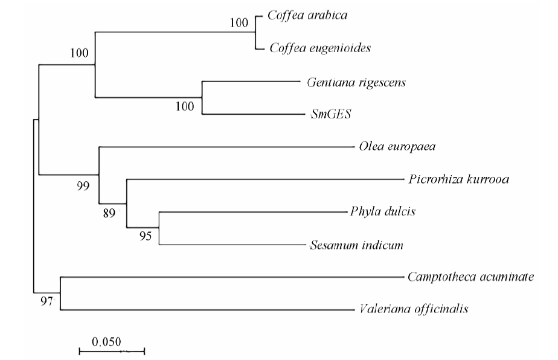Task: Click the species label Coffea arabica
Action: [x=307, y=15]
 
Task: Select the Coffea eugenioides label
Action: [x=320, y=48]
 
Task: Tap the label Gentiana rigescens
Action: [x=356, y=83]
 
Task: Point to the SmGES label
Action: [x=331, y=114]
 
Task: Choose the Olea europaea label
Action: [x=397, y=146]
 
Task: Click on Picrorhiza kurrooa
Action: [x=459, y=179]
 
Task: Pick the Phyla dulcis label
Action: [x=383, y=211]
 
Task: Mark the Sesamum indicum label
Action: [x=356, y=245]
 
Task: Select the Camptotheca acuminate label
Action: [x=471, y=277]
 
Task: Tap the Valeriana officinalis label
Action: [x=414, y=309]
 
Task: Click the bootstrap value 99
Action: [x=83, y=186]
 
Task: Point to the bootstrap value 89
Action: [x=109, y=213]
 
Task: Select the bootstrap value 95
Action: [x=146, y=236]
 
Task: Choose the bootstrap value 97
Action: [x=46, y=301]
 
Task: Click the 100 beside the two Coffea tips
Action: [x=239, y=23]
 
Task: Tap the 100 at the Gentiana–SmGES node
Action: [x=185, y=106]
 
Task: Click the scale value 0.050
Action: [x=106, y=342]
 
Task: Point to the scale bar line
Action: [x=112, y=352]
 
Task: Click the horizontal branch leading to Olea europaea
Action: [x=226, y=147]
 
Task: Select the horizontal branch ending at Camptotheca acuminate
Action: [x=232, y=277]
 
